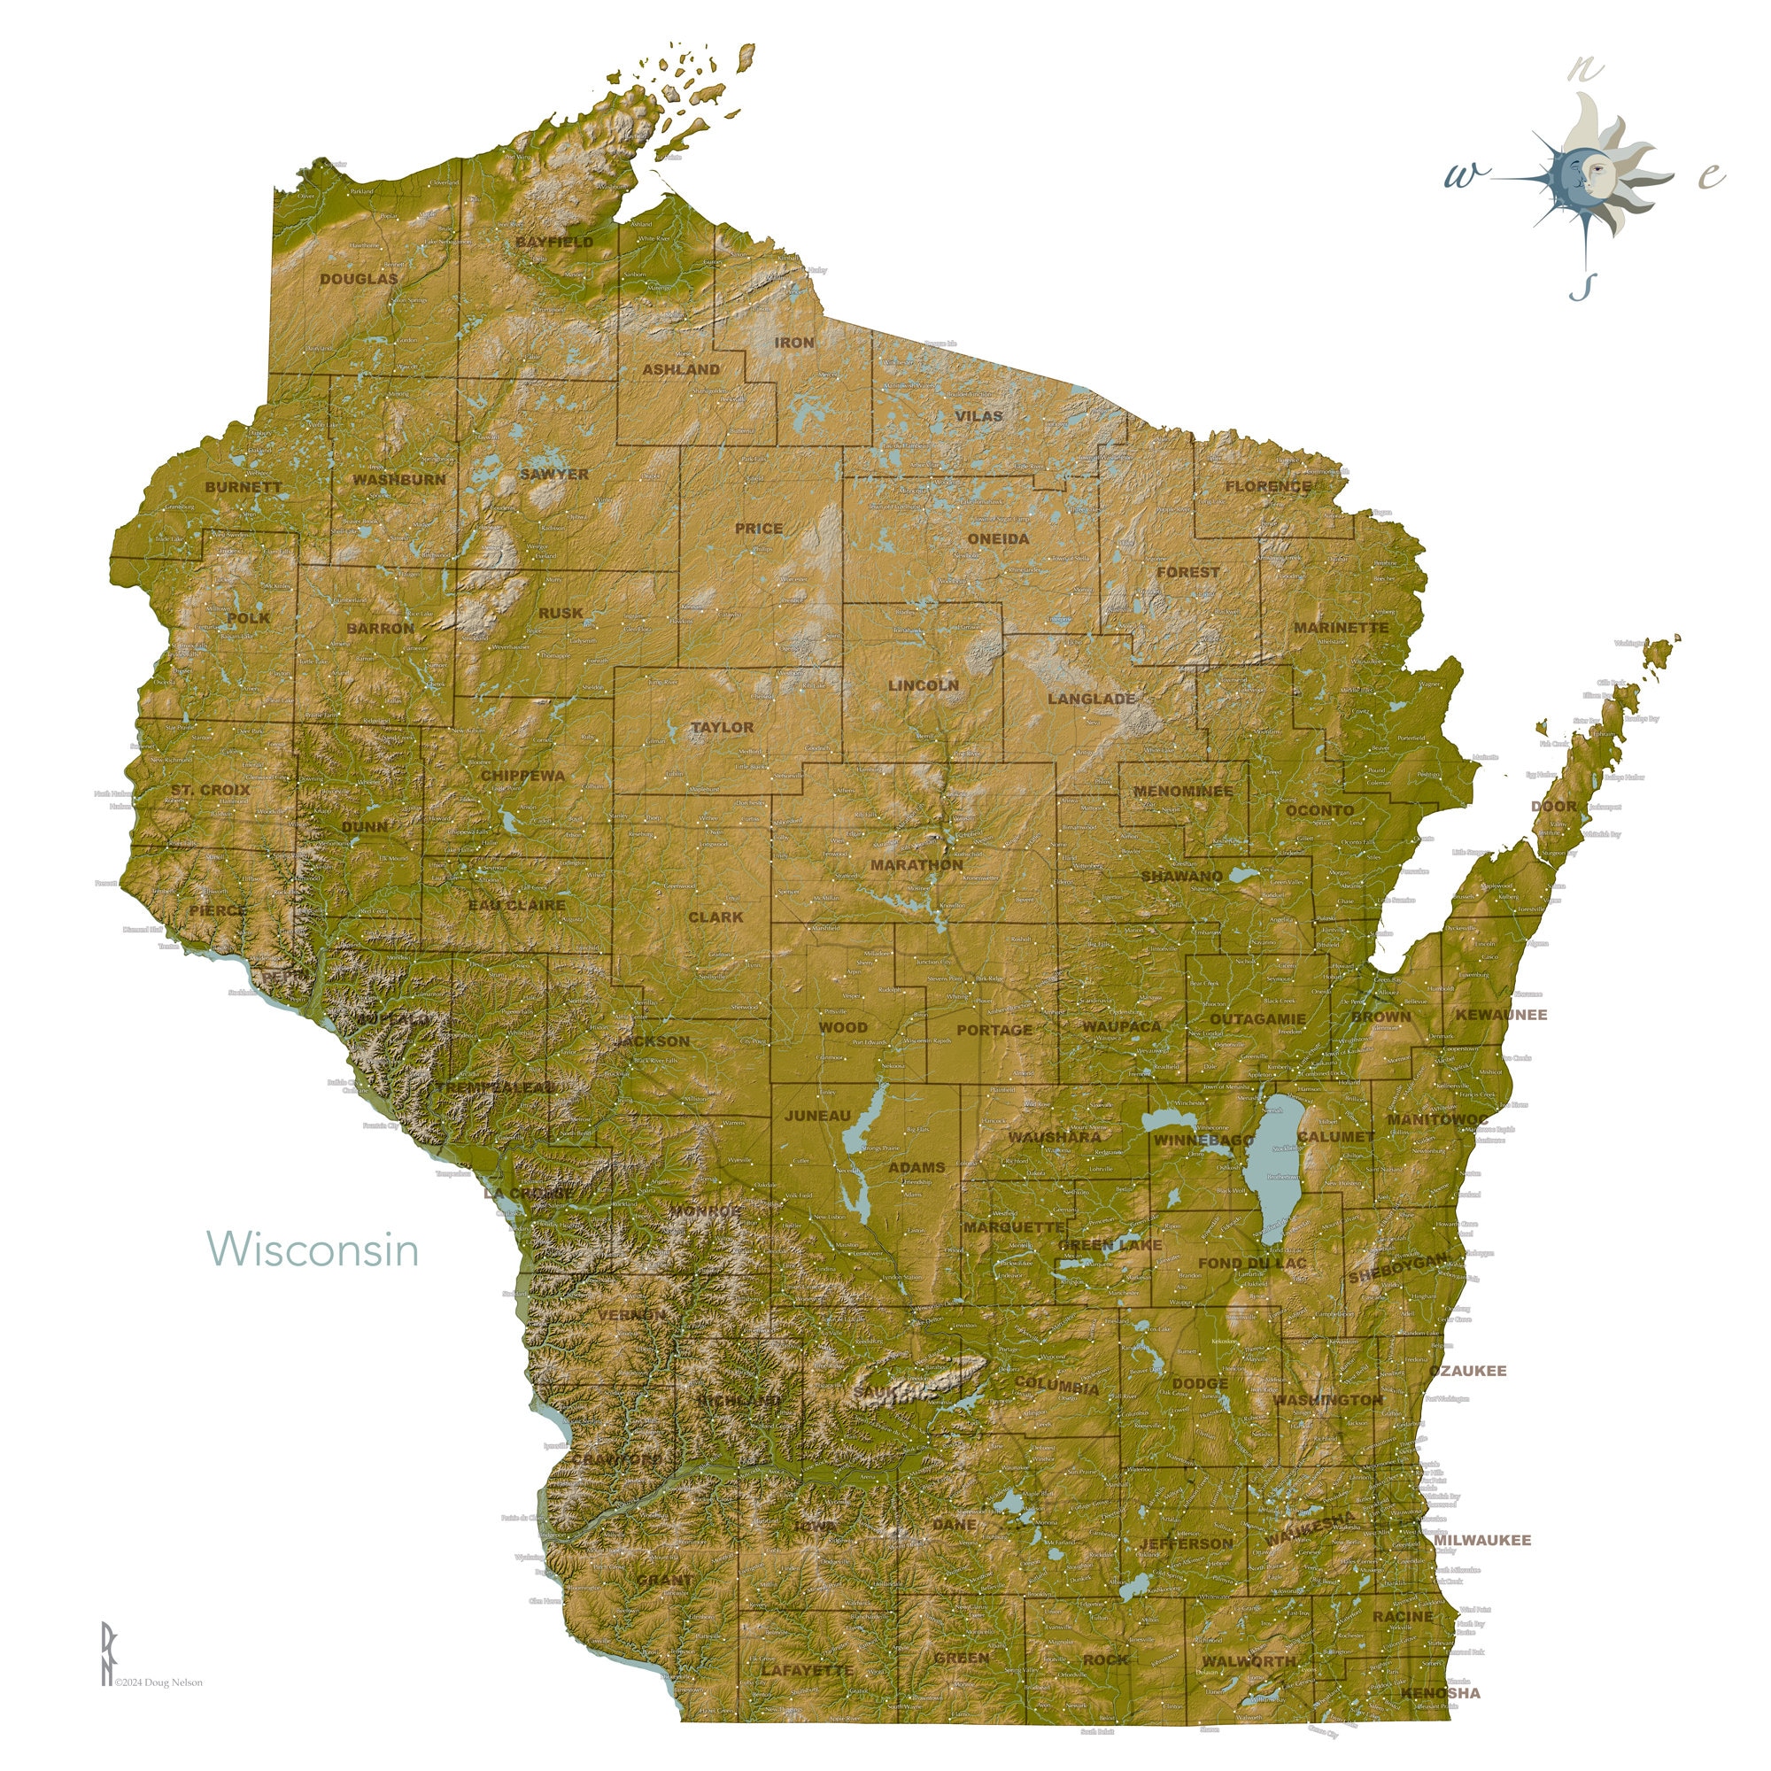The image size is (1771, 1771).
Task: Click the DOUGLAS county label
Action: (359, 279)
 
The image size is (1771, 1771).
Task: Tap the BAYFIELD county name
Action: (553, 242)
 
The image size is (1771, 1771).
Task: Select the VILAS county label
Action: (978, 416)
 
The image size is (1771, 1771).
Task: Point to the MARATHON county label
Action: (916, 864)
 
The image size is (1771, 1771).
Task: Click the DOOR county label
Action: (1554, 807)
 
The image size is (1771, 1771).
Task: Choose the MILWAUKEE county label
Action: (1482, 1540)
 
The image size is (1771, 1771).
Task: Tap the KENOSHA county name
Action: (1440, 1693)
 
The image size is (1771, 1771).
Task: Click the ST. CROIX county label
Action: (210, 789)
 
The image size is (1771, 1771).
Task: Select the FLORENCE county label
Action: (1269, 486)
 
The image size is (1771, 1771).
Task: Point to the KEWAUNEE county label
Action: (1501, 1015)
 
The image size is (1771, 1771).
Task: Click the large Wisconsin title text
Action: (313, 1249)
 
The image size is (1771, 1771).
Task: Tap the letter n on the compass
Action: (1585, 69)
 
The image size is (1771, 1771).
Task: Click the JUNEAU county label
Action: (817, 1116)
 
